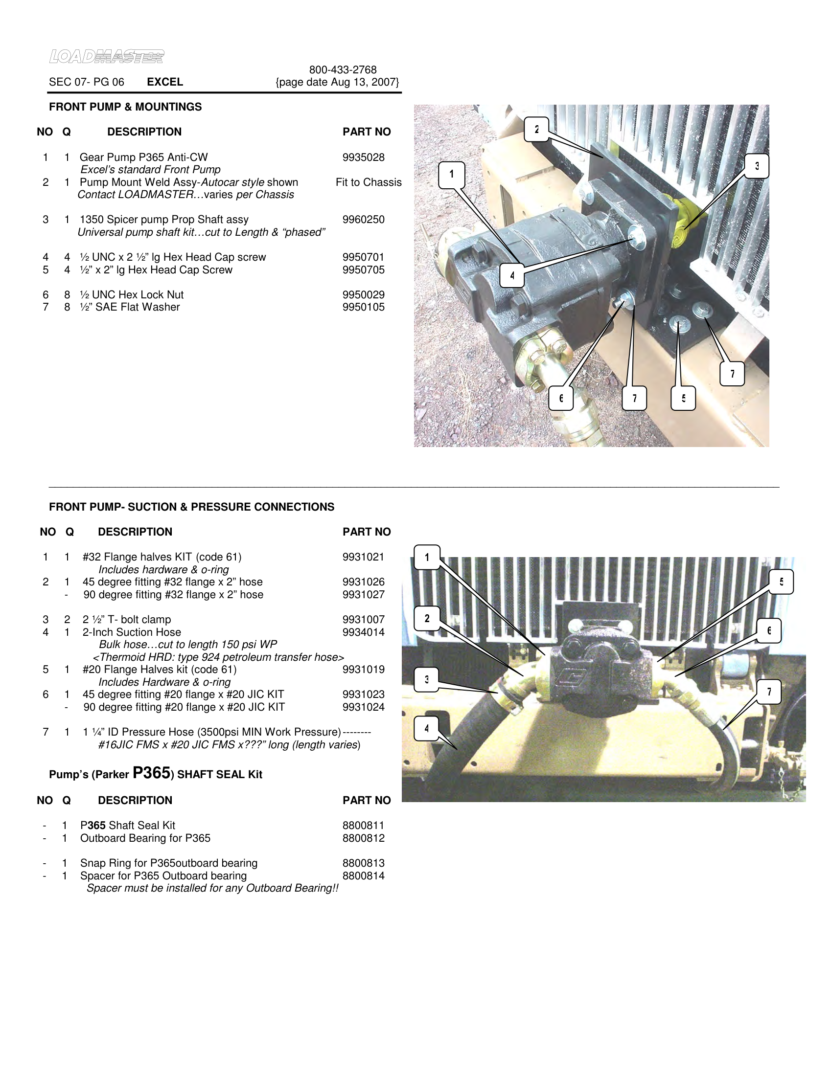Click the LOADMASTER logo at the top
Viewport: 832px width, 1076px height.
pos(107,57)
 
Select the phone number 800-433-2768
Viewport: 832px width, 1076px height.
pos(343,70)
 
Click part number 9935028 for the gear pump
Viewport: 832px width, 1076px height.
pos(363,157)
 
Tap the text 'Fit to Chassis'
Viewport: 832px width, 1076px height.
pos(368,182)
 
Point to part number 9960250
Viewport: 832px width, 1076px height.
pos(363,220)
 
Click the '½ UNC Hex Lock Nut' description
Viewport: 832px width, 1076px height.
pos(131,294)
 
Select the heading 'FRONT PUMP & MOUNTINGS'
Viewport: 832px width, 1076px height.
pos(125,107)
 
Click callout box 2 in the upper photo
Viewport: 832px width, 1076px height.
pos(536,129)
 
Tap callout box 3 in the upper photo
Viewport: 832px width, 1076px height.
pos(757,166)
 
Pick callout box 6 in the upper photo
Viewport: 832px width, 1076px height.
pos(561,398)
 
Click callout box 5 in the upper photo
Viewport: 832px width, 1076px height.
pos(683,398)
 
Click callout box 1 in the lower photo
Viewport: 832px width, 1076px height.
pos(427,557)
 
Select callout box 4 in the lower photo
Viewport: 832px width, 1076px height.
pos(427,728)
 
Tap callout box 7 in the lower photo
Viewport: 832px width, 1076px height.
pos(769,692)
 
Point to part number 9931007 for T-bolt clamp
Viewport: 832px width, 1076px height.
pos(363,620)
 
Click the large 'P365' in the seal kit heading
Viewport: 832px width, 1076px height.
pos(151,773)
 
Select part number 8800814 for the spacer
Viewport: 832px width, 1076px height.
pos(363,875)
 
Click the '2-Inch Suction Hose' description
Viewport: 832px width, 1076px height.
pos(132,632)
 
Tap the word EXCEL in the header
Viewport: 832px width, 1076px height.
pos(164,82)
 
